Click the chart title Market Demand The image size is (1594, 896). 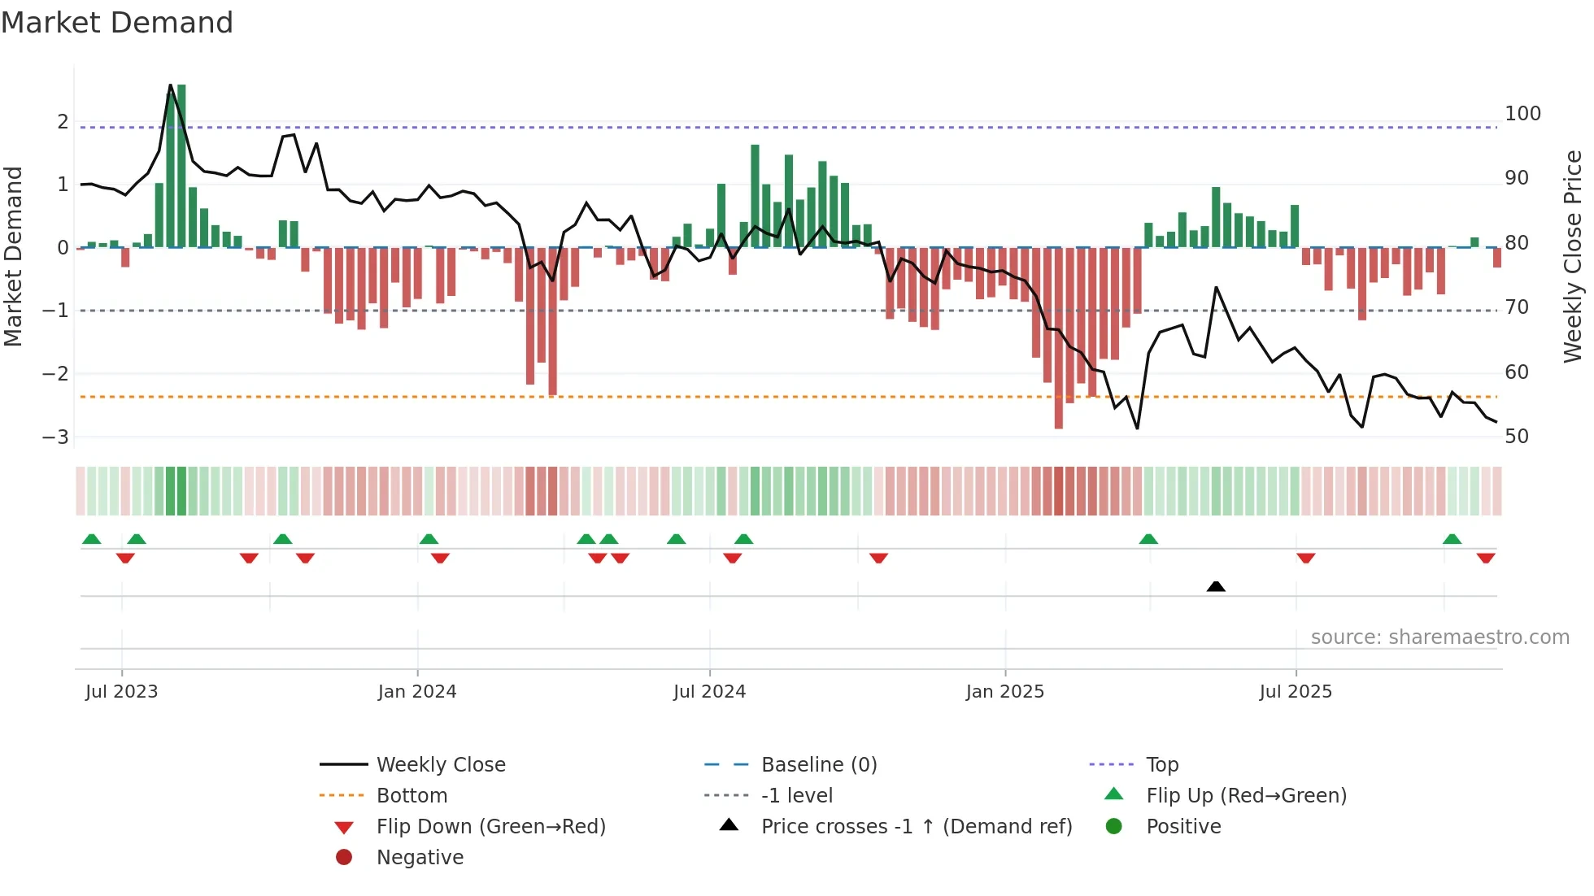(117, 23)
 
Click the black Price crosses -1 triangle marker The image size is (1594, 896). (1216, 586)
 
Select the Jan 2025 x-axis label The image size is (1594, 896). (1004, 692)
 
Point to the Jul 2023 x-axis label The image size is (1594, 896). (121, 692)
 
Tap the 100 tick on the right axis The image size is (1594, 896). (1522, 114)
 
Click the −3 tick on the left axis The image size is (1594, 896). (55, 437)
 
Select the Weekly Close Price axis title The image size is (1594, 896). (1573, 256)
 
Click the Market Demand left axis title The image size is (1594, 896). (13, 256)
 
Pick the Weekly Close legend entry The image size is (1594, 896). (440, 765)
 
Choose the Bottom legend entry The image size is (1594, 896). (412, 796)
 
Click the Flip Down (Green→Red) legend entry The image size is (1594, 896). (490, 827)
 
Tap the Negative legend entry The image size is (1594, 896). (420, 858)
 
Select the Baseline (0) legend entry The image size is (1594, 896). (818, 765)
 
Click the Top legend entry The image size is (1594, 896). (1161, 765)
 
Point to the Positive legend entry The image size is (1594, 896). (1182, 827)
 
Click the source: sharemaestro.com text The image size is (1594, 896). (1439, 637)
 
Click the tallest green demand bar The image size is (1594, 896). (181, 166)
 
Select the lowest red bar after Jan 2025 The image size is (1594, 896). (1058, 337)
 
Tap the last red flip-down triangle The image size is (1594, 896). (1486, 558)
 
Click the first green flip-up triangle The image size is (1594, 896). (92, 539)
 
